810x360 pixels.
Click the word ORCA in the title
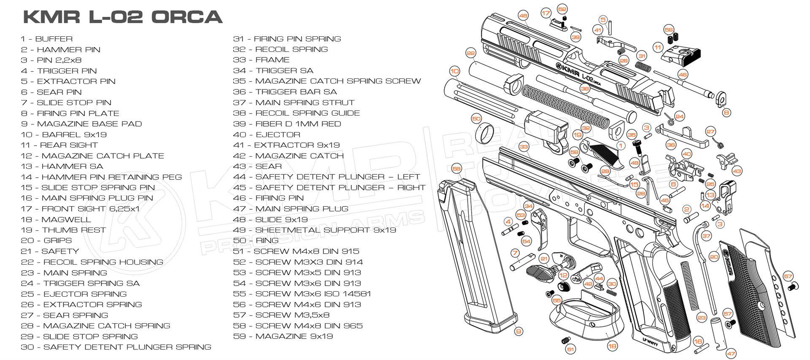point(186,17)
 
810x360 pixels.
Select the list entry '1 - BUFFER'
point(47,39)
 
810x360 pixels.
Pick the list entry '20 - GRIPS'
point(46,241)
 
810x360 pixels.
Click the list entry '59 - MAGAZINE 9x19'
point(283,336)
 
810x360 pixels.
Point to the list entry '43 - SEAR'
point(257,166)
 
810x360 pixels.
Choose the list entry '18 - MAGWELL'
point(56,219)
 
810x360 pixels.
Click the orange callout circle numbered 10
point(454,71)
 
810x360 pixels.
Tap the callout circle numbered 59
point(456,169)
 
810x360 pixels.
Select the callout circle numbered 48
point(523,16)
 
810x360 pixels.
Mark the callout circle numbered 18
point(612,346)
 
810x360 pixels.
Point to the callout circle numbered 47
point(731,354)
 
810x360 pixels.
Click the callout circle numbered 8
point(726,113)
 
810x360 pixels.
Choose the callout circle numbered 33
point(524,147)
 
